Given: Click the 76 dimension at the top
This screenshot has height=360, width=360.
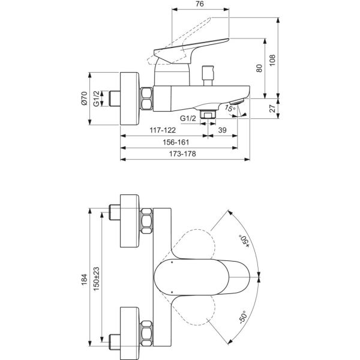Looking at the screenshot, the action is (x=200, y=4).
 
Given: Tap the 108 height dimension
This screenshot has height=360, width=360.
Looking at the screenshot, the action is (x=272, y=61).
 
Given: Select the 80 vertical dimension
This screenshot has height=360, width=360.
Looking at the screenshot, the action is (x=259, y=68).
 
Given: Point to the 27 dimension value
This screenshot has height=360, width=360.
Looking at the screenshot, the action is (x=272, y=109).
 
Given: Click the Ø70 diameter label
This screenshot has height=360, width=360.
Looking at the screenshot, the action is (x=84, y=98).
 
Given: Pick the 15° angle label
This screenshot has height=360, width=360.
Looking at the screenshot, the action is (x=230, y=108).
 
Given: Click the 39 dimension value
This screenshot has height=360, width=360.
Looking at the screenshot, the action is (x=222, y=130).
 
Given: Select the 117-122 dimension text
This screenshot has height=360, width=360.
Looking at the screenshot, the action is (x=163, y=130).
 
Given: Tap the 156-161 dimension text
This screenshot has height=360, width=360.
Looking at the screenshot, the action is (x=176, y=142).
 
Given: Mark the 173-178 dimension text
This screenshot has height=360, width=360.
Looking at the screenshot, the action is (x=182, y=154).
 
